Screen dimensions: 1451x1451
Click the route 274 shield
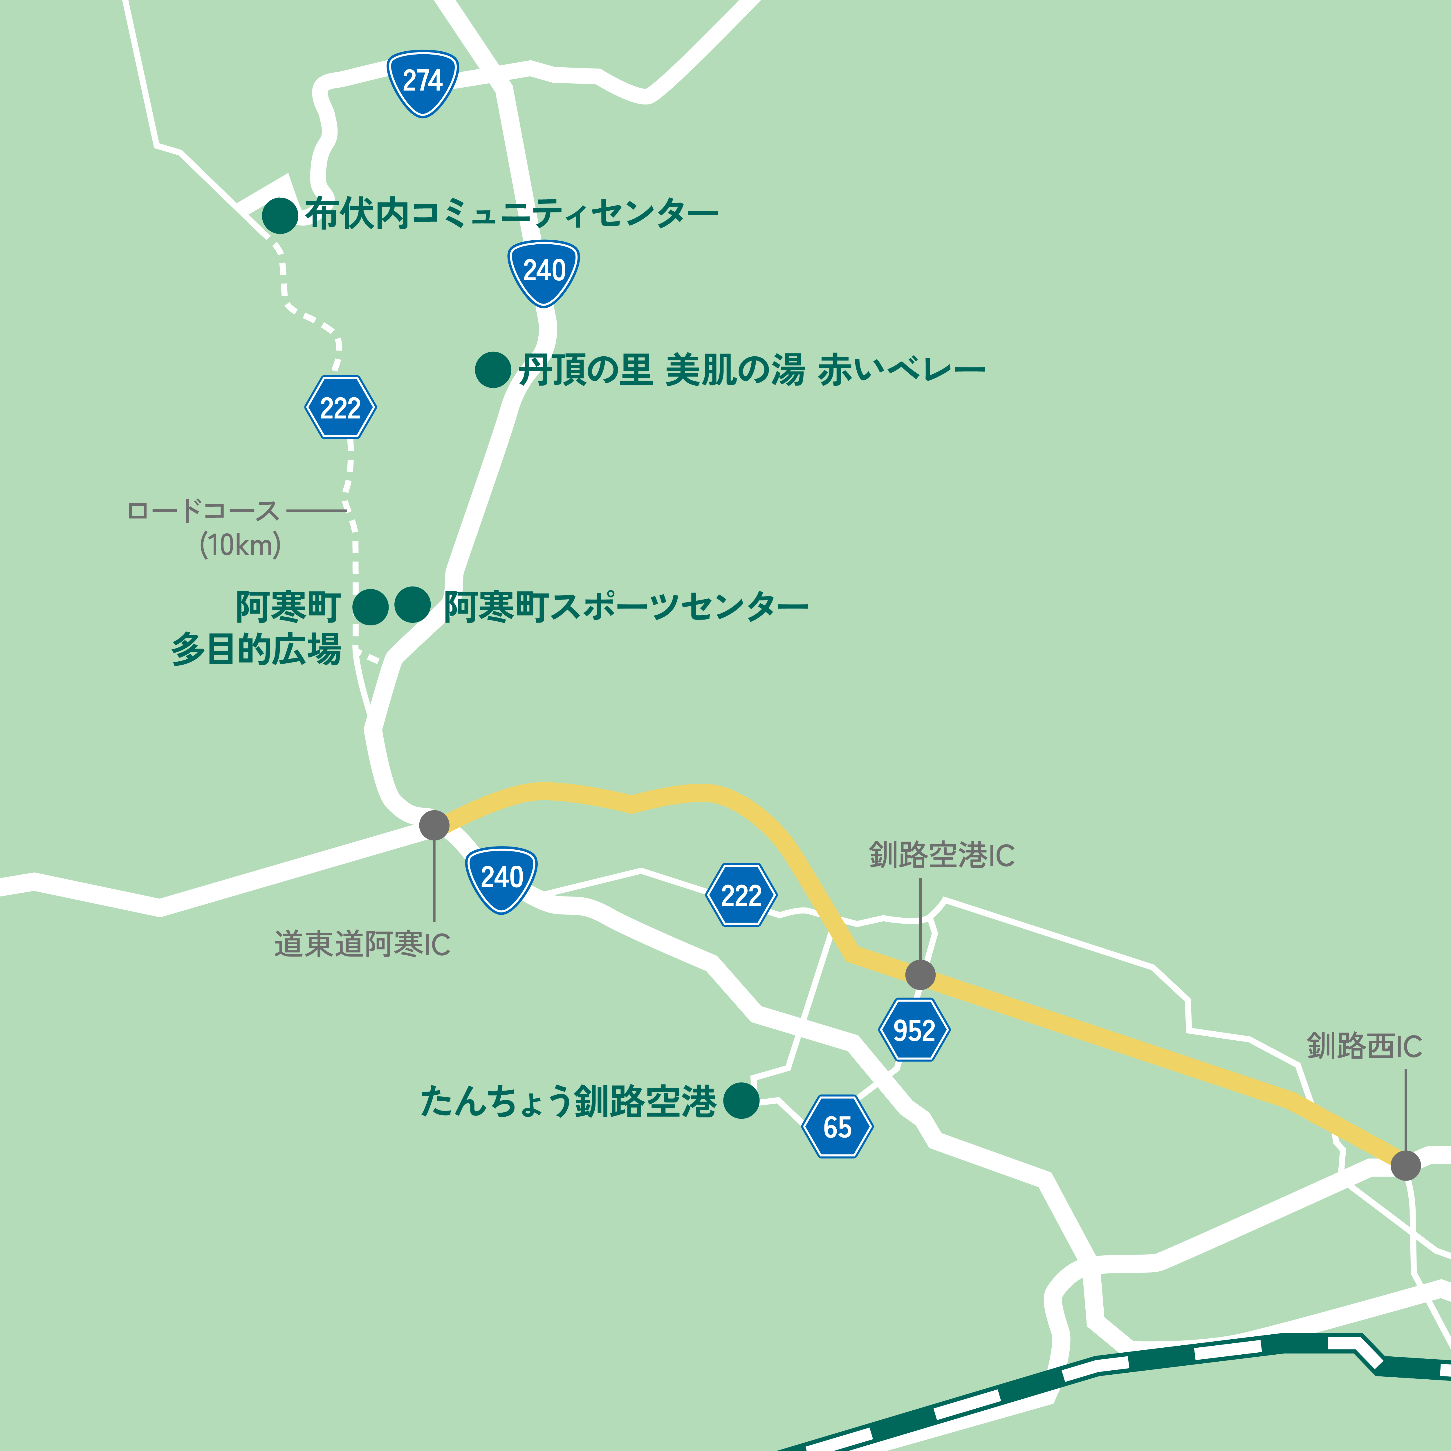point(423,82)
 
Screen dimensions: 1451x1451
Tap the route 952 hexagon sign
point(914,1030)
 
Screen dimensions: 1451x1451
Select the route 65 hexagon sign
point(838,1127)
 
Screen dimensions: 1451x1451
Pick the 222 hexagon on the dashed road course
point(340,408)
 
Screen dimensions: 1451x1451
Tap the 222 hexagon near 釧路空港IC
point(741,895)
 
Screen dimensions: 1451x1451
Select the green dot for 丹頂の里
point(493,369)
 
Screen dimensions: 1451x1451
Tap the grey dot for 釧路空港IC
point(920,975)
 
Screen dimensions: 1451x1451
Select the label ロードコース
point(203,511)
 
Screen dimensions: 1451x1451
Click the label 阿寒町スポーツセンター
point(626,607)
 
